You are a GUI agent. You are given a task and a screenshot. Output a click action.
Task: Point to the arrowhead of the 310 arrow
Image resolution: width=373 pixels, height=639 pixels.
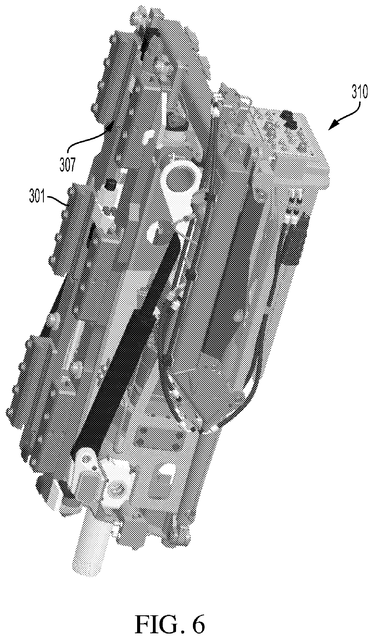coord(332,127)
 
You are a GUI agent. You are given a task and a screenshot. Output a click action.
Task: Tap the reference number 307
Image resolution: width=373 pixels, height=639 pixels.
coord(67,165)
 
